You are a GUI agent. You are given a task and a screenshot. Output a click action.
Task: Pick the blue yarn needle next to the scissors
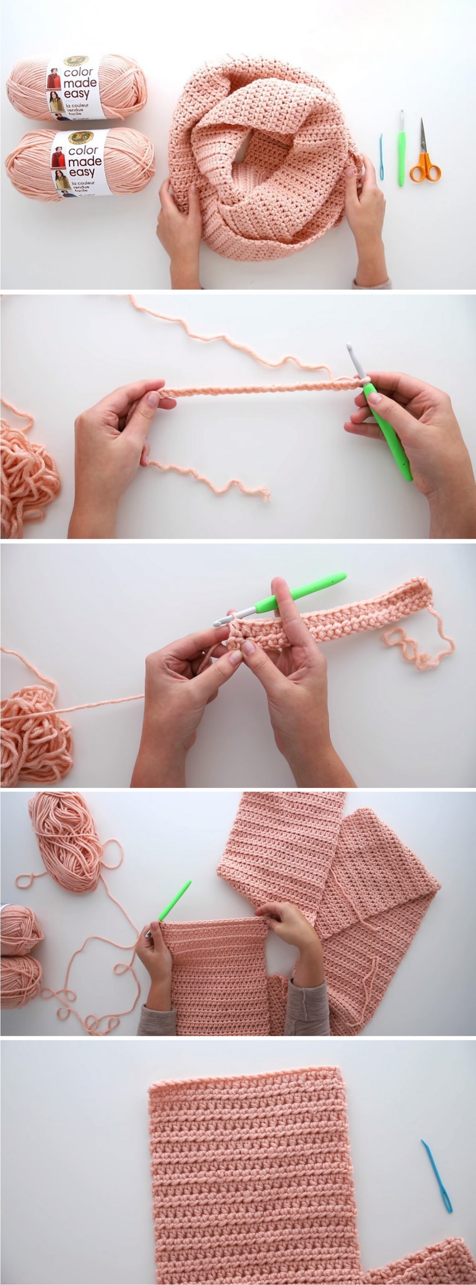pos(382,157)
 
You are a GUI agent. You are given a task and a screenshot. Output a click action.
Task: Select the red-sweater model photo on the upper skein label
pos(53,80)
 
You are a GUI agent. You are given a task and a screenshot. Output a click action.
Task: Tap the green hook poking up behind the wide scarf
pos(175,900)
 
